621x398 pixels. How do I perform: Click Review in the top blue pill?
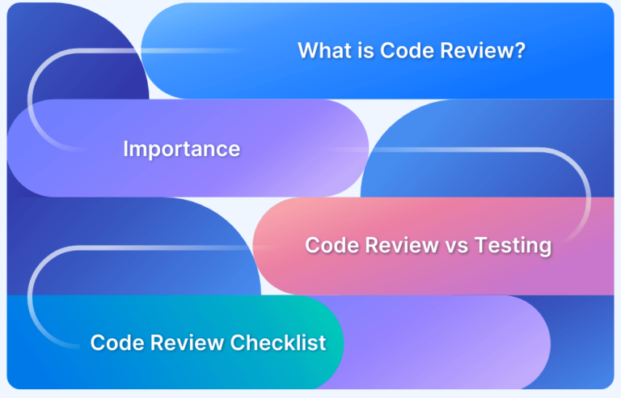click(473, 50)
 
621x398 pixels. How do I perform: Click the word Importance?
click(182, 150)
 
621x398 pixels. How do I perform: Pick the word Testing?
click(513, 246)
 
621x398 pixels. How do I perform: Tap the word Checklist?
click(278, 342)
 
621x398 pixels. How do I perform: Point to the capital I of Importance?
click(125, 149)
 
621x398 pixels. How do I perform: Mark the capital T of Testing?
click(483, 245)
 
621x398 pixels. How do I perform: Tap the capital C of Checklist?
click(239, 342)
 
